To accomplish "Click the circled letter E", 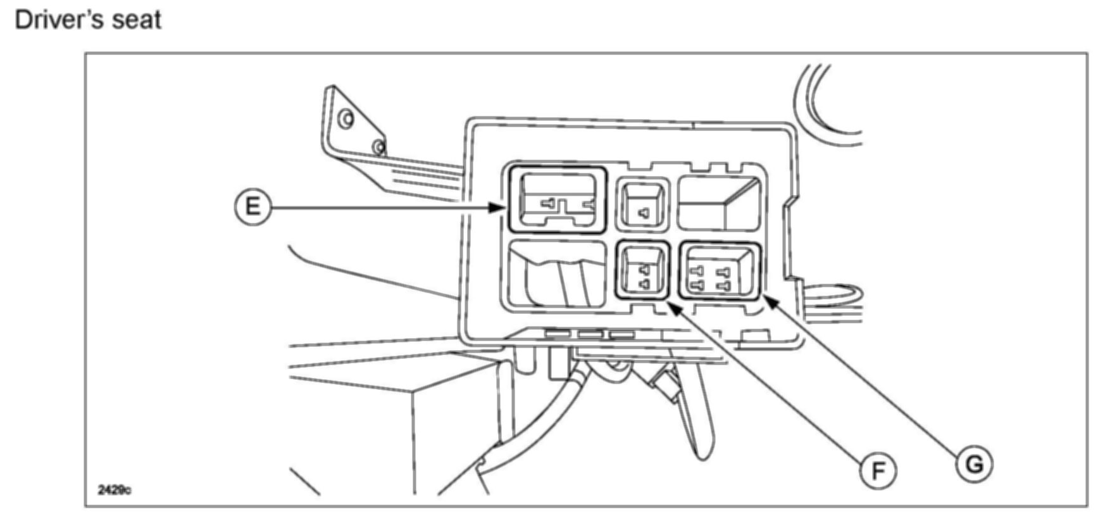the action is pyautogui.click(x=253, y=206).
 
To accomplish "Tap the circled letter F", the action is pyautogui.click(x=878, y=470).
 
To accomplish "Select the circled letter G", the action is pyautogui.click(x=975, y=464).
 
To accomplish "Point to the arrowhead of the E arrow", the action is pyautogui.click(x=500, y=207).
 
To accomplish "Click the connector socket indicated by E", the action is pyautogui.click(x=557, y=199).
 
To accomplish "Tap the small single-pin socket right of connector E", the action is pyautogui.click(x=642, y=204).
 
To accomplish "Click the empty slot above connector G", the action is pyautogui.click(x=720, y=202).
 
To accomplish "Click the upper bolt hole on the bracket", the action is pyautogui.click(x=346, y=118).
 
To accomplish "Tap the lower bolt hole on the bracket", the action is pyautogui.click(x=378, y=148).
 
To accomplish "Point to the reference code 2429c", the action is pyautogui.click(x=115, y=490).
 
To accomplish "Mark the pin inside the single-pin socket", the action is pyautogui.click(x=644, y=213).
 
